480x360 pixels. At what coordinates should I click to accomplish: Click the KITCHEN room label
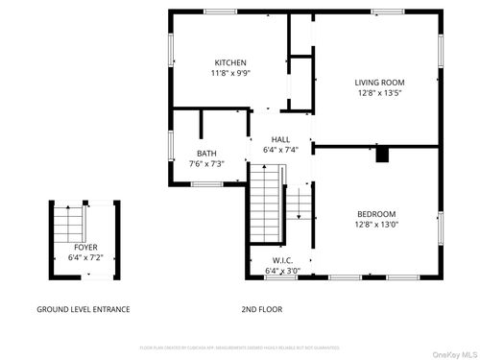229,62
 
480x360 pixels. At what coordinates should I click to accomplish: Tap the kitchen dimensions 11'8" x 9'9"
229,73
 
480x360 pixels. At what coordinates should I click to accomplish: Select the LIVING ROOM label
379,83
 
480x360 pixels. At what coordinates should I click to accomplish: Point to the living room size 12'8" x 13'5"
379,93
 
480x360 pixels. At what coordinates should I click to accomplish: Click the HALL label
280,139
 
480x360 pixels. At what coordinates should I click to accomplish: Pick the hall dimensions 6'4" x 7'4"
280,150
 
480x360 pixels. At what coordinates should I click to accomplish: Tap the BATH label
206,154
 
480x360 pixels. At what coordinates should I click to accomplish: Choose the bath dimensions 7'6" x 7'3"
206,164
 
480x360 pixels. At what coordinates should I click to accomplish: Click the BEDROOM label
376,214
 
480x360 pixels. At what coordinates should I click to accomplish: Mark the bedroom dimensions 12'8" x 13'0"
376,225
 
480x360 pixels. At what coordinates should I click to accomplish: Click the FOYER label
85,248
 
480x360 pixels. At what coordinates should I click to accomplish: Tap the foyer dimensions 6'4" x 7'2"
85,257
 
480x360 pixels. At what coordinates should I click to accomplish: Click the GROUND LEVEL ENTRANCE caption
83,309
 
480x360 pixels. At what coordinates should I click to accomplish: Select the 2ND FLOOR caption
261,309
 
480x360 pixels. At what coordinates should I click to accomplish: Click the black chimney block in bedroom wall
382,155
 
